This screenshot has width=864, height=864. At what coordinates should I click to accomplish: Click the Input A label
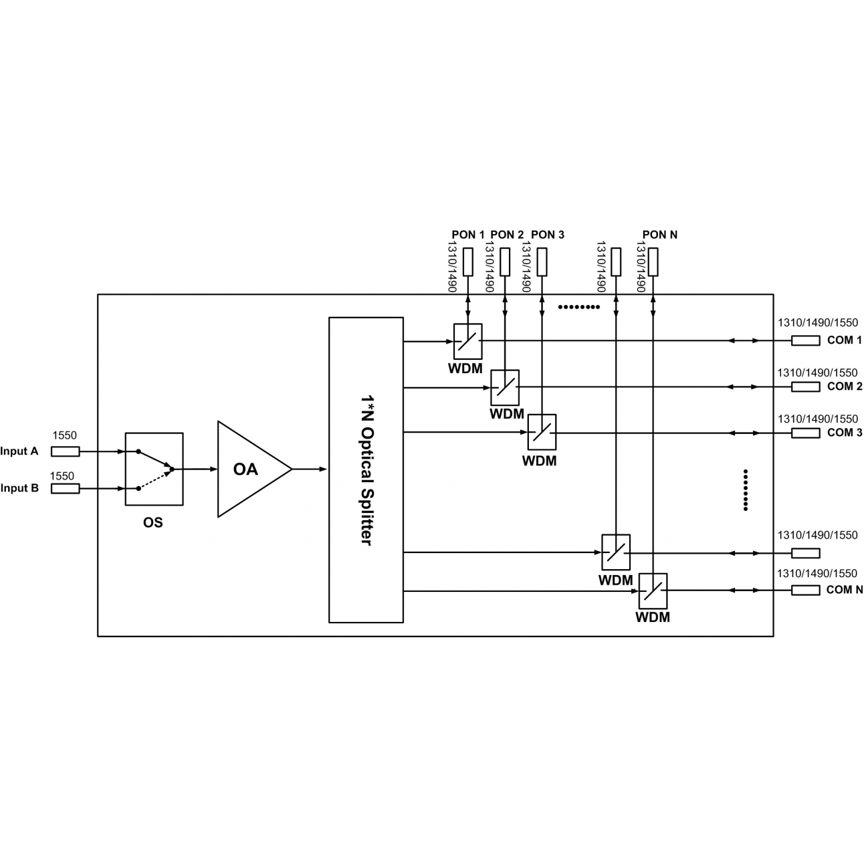point(19,451)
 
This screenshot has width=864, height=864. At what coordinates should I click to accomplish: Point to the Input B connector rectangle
point(65,488)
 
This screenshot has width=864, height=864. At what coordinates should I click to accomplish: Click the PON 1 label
point(468,235)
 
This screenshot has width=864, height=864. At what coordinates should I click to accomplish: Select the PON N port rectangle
point(653,262)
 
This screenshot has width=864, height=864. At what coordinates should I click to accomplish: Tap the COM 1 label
point(844,340)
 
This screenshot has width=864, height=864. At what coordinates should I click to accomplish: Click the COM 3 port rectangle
point(806,433)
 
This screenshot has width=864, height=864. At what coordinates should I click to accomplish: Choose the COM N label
point(844,590)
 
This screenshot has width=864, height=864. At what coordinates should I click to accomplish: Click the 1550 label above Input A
point(65,435)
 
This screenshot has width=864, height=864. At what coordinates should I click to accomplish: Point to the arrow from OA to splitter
point(310,469)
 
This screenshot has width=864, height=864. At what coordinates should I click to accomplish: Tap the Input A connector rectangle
point(65,451)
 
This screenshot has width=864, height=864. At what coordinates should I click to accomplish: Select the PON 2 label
point(507,235)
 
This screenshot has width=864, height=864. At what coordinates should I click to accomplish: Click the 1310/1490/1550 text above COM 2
point(817,372)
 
